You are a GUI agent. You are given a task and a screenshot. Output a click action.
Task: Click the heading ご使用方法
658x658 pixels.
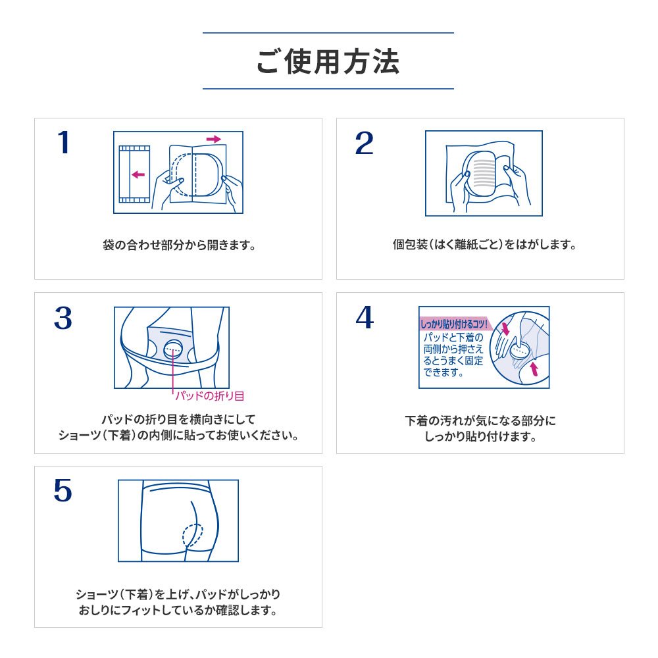[328, 61]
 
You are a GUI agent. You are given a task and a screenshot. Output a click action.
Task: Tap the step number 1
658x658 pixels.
[63, 143]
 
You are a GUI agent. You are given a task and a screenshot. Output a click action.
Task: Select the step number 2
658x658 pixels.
[365, 143]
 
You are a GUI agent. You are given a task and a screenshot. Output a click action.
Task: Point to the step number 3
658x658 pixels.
[63, 318]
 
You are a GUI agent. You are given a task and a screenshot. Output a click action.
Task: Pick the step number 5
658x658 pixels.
[63, 492]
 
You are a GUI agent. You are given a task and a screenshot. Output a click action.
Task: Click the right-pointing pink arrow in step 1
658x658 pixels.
[214, 139]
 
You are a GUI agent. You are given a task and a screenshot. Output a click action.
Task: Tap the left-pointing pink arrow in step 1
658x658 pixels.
[138, 174]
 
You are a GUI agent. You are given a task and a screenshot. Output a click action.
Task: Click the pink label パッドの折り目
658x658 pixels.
[210, 395]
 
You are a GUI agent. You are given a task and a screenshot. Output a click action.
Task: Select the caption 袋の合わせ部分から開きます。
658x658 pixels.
[178, 245]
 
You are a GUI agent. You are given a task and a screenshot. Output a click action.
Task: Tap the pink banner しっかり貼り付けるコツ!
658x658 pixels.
[454, 324]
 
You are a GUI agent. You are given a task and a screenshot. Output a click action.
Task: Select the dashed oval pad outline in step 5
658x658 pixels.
[193, 534]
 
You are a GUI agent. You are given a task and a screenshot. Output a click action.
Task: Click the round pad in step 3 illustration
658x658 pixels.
[174, 349]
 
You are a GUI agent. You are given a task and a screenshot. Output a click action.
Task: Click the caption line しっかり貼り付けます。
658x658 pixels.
[480, 436]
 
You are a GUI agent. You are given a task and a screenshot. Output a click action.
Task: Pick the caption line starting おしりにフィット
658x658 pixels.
[178, 611]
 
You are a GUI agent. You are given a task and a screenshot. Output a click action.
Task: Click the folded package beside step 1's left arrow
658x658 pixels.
[134, 172]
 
